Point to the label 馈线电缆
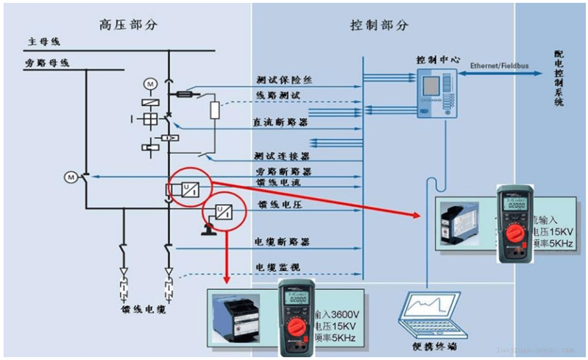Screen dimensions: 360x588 point(143,308)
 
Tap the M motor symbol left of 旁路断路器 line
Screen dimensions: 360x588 point(71,177)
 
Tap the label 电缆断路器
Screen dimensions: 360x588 point(282,241)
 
